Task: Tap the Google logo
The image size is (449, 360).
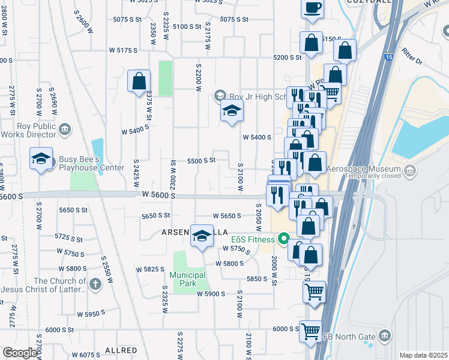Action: pyautogui.click(x=20, y=353)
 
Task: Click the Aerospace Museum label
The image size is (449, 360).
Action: pyautogui.click(x=372, y=169)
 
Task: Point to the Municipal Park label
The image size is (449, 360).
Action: pyautogui.click(x=188, y=279)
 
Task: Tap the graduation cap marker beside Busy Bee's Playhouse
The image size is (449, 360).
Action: pyautogui.click(x=41, y=159)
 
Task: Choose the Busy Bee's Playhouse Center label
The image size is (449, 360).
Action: pyautogui.click(x=91, y=164)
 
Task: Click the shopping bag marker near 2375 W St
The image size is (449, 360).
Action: pyautogui.click(x=139, y=82)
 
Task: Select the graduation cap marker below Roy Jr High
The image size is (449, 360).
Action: pyautogui.click(x=232, y=112)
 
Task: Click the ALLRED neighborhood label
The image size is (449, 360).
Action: pyautogui.click(x=121, y=349)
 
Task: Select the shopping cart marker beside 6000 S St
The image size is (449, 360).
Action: pyautogui.click(x=310, y=331)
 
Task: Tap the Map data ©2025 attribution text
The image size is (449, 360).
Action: pyautogui.click(x=423, y=355)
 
